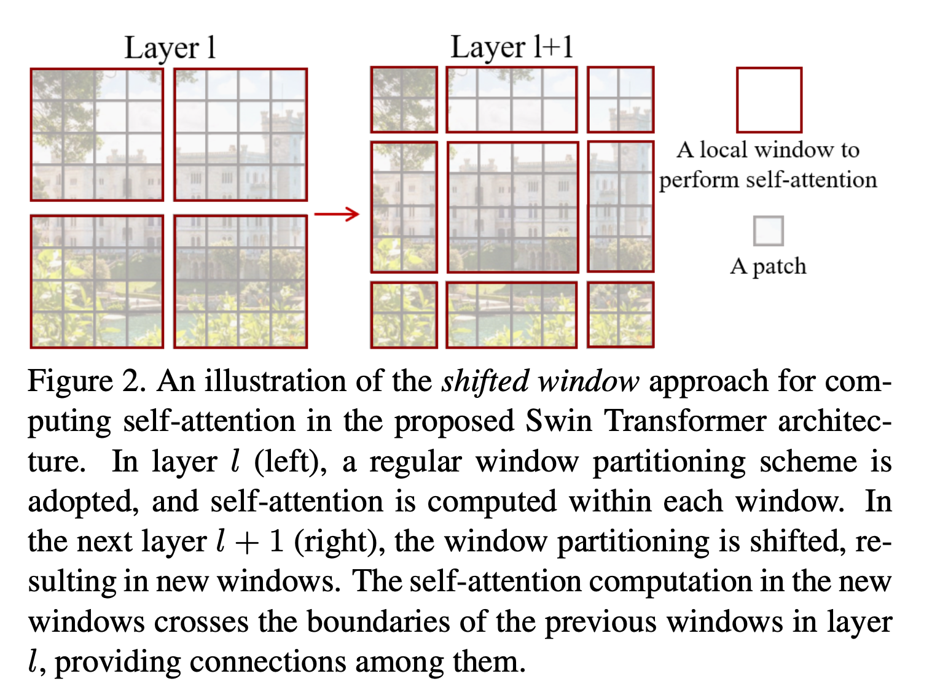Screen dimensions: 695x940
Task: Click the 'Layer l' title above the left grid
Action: pos(170,48)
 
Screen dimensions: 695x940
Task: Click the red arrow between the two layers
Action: pos(336,214)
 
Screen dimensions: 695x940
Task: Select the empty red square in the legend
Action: pos(769,99)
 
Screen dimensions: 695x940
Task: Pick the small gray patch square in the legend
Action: pos(768,231)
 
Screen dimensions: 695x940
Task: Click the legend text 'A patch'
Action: pos(768,266)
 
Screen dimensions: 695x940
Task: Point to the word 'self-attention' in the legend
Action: pos(811,180)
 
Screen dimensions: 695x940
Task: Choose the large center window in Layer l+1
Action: pos(512,208)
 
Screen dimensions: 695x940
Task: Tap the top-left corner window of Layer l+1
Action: pos(404,99)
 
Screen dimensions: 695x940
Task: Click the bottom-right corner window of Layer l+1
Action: pos(620,314)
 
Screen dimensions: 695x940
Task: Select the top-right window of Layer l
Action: pos(240,134)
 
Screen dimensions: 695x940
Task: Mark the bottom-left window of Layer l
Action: pos(97,281)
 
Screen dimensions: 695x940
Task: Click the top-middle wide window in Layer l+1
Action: pos(511,99)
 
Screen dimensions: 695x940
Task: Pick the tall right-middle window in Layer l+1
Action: pos(620,206)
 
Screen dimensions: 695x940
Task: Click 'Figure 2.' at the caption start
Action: pos(87,381)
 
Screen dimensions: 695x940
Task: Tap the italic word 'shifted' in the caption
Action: pos(485,381)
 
